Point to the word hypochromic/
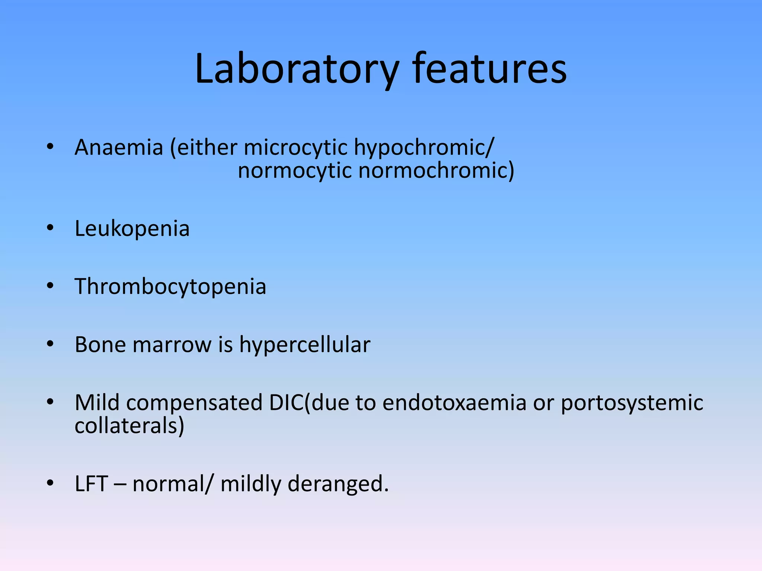(x=424, y=148)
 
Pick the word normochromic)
(x=436, y=171)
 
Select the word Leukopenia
(x=132, y=228)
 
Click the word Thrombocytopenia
(x=170, y=287)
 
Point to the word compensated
(x=194, y=403)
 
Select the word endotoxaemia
(x=454, y=403)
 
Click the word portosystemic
(x=632, y=403)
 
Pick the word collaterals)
(x=129, y=426)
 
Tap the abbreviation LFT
(x=92, y=484)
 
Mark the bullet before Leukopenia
(x=50, y=228)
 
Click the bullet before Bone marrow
(x=50, y=344)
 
